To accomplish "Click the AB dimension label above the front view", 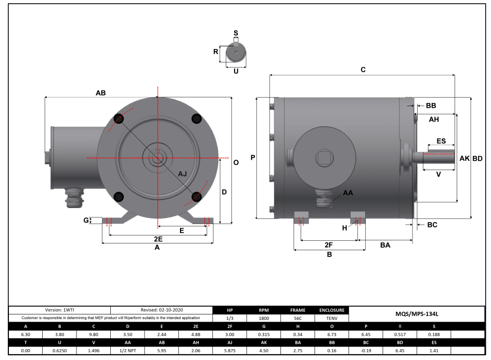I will pyautogui.click(x=100, y=93).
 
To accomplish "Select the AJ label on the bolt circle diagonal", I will pyautogui.click(x=183, y=174).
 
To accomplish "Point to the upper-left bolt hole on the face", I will pyautogui.click(x=119, y=119).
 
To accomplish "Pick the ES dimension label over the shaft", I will pyautogui.click(x=441, y=141).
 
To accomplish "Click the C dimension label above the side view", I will pyautogui.click(x=363, y=69).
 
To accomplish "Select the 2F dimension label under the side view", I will pyautogui.click(x=329, y=245).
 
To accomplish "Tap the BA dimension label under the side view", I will pyautogui.click(x=385, y=245).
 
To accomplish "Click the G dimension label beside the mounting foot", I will pyautogui.click(x=86, y=220).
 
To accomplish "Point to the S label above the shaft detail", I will pyautogui.click(x=236, y=33).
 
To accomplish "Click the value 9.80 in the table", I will pyautogui.click(x=94, y=335).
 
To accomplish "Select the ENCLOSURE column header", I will pyautogui.click(x=331, y=310).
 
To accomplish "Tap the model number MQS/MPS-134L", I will pyautogui.click(x=417, y=314).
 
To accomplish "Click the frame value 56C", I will pyautogui.click(x=298, y=318).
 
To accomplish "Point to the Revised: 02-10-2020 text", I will pyautogui.click(x=161, y=310).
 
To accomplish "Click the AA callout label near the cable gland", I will pyautogui.click(x=348, y=192).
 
